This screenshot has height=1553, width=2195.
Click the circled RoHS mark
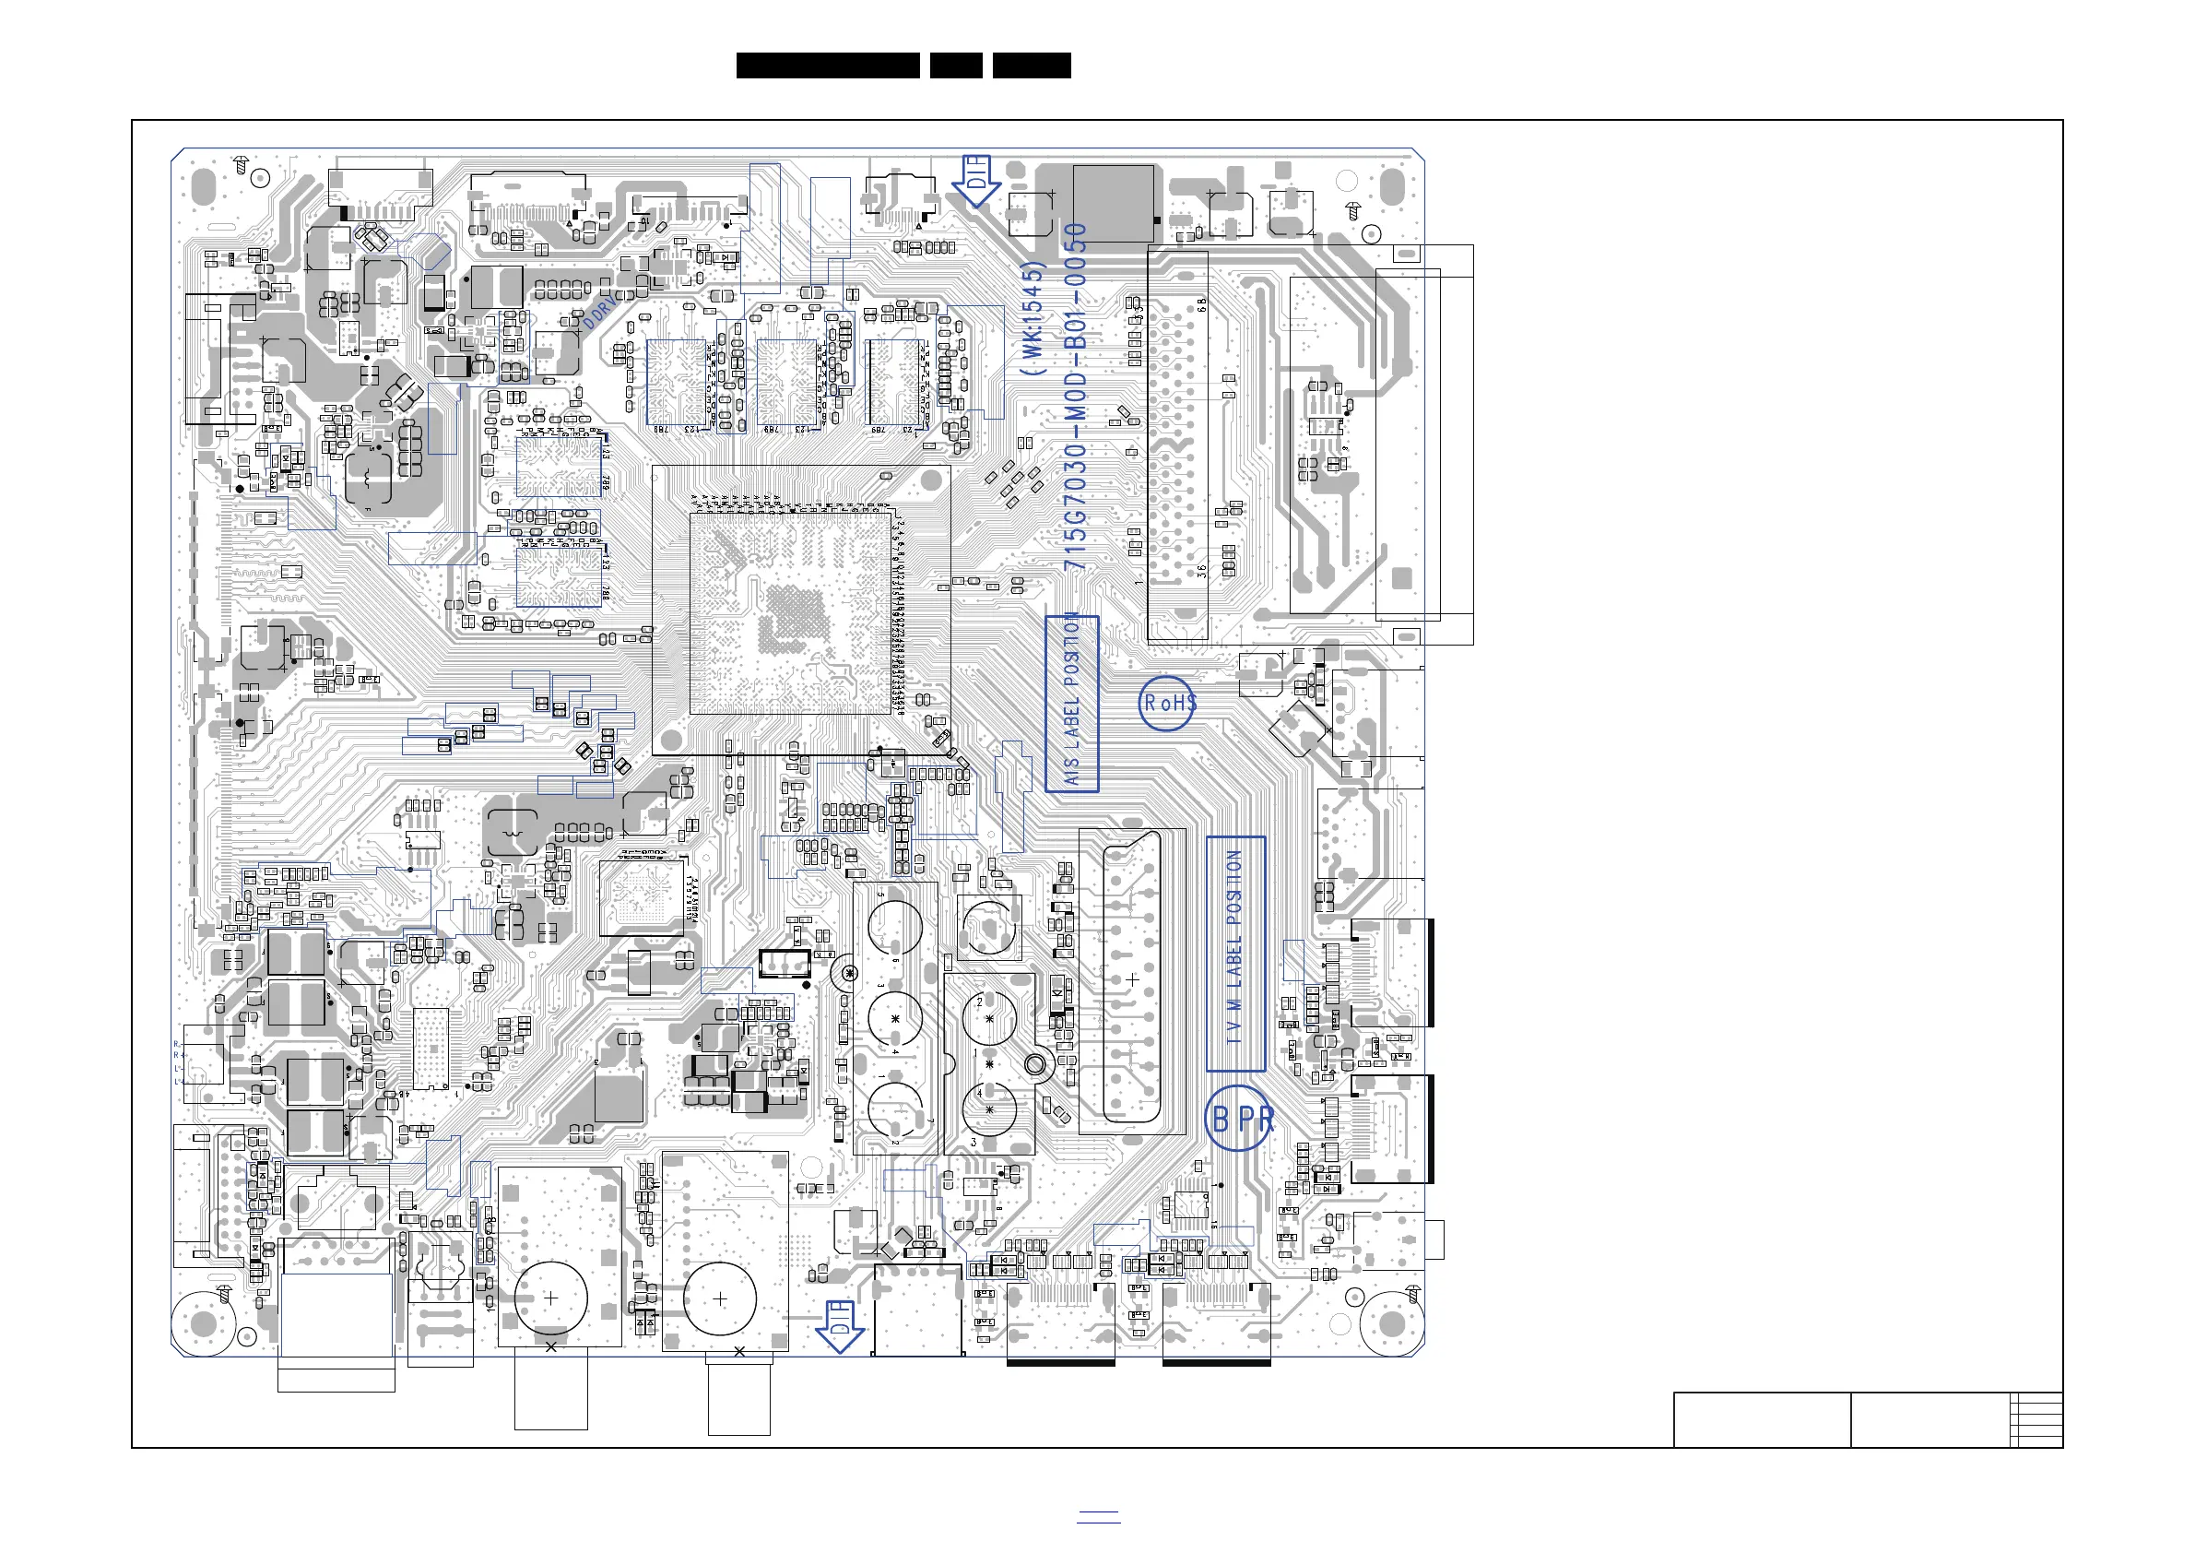1167,703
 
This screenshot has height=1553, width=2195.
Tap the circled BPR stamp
1240,1118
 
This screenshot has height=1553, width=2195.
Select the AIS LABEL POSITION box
1072,704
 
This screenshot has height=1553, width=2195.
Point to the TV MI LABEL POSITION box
1235,954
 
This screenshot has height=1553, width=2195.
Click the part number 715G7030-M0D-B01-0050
1076,397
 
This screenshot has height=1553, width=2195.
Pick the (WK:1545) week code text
1032,317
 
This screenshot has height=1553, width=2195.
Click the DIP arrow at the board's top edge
976,181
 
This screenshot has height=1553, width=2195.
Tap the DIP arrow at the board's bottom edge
840,1325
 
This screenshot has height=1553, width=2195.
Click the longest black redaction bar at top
828,66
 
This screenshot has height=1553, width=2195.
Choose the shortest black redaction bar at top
956,66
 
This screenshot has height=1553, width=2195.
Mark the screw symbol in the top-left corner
242,164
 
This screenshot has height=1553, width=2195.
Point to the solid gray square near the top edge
1113,203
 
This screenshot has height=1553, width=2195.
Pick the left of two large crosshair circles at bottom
550,1298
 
